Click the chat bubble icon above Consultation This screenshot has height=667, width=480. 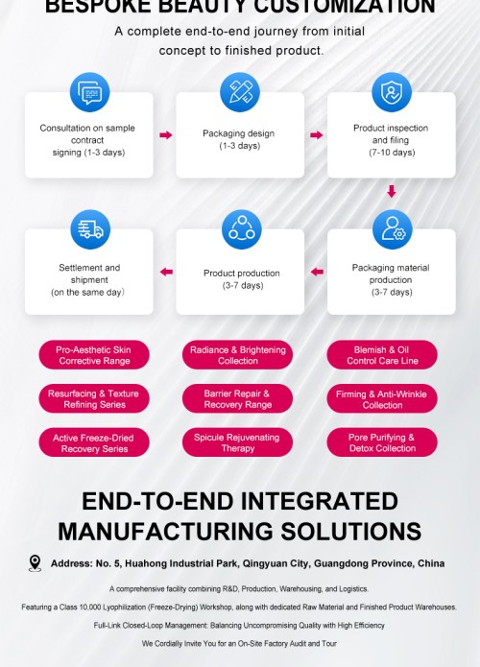[90, 92]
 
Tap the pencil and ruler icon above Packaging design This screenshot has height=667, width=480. [240, 92]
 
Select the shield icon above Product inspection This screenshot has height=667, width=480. [392, 92]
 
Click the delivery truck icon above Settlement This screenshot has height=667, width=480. [90, 229]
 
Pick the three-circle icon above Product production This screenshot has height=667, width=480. [242, 229]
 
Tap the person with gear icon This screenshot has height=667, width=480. [393, 229]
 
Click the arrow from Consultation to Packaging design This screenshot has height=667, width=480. [166, 135]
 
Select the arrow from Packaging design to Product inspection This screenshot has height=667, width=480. [317, 135]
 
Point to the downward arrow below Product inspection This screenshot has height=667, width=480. [392, 191]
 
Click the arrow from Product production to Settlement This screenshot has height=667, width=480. [166, 272]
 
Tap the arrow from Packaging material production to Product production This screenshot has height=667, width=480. [317, 272]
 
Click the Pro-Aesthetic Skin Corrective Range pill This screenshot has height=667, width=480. [94, 355]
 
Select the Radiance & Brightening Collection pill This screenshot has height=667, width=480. [237, 355]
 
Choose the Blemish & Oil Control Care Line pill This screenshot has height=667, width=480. [382, 355]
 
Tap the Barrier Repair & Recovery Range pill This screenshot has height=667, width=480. [237, 398]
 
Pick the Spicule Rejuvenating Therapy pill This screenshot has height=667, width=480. [237, 442]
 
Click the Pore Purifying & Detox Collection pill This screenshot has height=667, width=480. [382, 442]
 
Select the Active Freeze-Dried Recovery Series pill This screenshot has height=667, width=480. [94, 442]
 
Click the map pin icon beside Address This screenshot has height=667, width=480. [35, 562]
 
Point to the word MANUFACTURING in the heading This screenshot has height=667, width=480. [166, 532]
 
